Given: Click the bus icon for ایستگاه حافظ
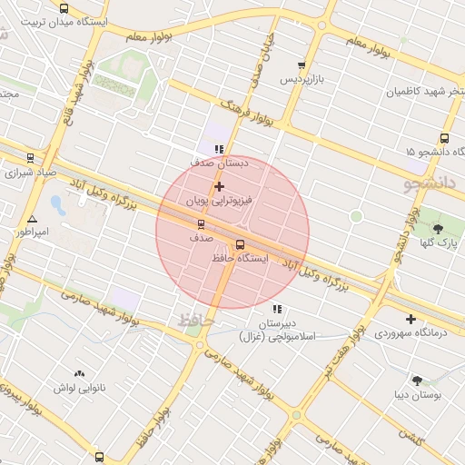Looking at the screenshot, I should (241, 243).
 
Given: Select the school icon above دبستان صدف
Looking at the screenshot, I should (218, 149).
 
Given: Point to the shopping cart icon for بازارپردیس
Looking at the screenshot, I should (302, 65).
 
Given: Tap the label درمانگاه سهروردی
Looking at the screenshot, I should (411, 333).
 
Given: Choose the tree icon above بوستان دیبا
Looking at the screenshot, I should (418, 381).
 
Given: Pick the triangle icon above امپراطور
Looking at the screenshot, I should (32, 219).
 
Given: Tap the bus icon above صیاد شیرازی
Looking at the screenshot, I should (32, 157).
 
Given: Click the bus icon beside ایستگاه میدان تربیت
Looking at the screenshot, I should (64, 7).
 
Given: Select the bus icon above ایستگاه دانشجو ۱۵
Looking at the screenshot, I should (444, 138).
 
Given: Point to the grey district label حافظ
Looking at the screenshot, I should (193, 320).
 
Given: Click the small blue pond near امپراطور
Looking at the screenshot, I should (57, 204).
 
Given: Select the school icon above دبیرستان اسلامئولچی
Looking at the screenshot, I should (277, 310).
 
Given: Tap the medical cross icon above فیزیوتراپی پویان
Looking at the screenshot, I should (219, 185).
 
